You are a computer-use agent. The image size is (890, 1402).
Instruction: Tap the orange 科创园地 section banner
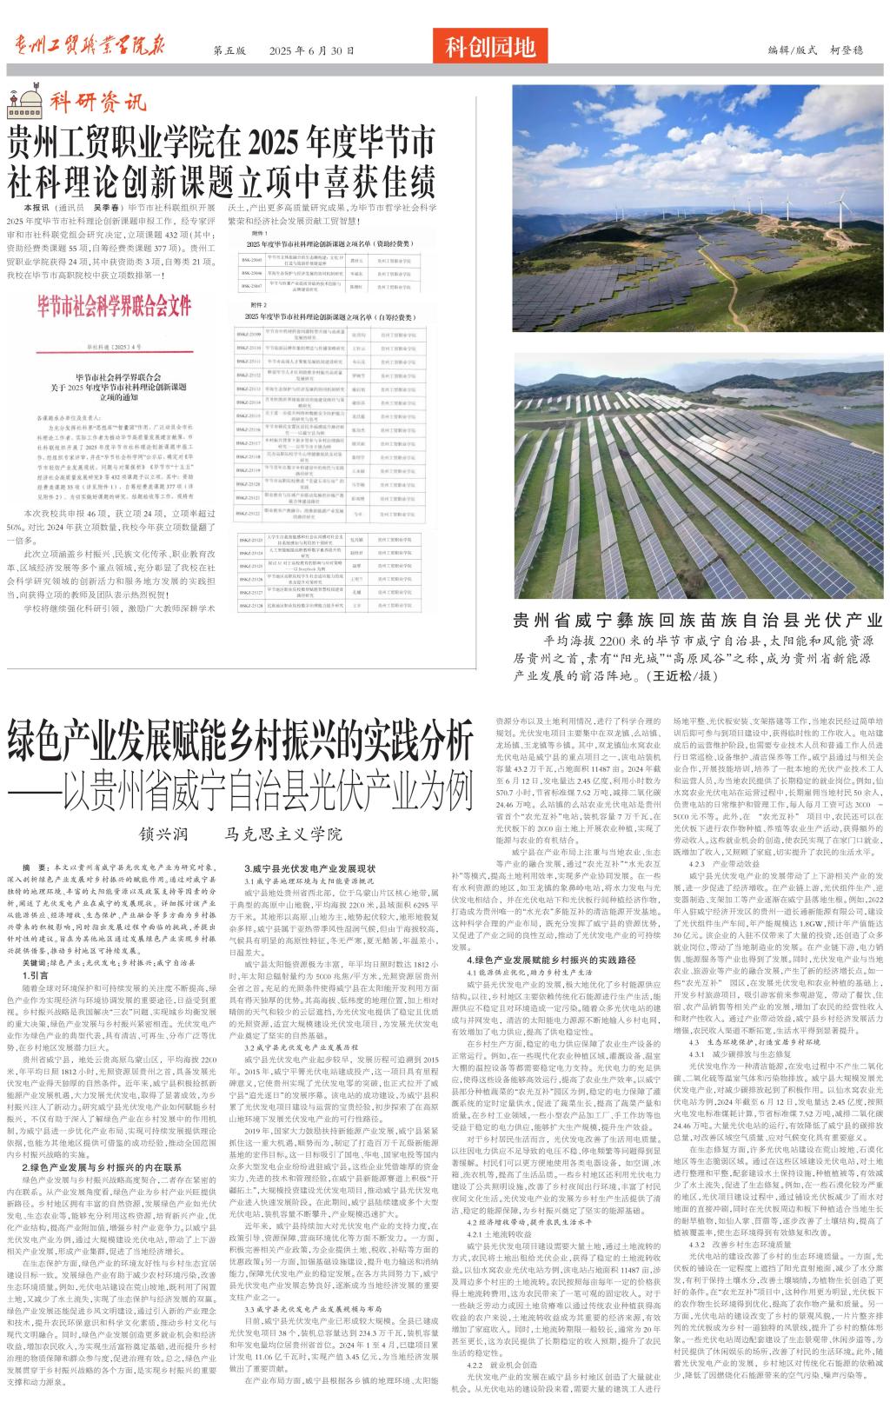[490, 47]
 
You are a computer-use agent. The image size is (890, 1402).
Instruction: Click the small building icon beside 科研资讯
[23, 105]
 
